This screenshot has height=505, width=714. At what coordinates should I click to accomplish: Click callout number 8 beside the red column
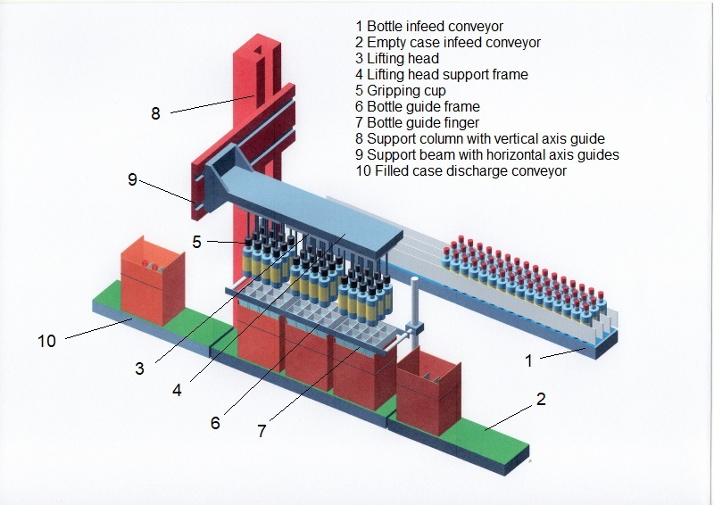pos(155,113)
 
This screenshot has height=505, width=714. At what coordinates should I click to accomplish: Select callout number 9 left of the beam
pos(132,179)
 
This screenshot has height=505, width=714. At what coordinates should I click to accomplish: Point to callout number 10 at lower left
pos(46,340)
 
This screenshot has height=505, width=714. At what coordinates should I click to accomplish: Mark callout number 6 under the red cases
pos(215,422)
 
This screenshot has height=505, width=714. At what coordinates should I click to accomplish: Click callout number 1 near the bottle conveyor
pos(528,360)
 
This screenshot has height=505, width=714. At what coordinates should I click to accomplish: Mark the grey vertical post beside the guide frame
pos(415,308)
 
